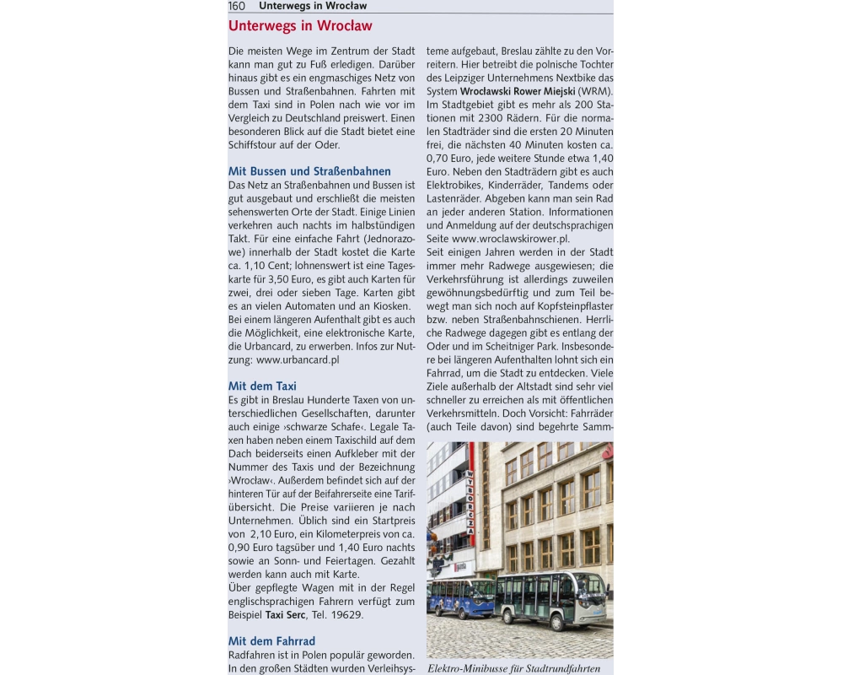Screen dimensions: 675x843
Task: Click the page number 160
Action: point(237,6)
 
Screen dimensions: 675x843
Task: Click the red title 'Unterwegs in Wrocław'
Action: point(300,26)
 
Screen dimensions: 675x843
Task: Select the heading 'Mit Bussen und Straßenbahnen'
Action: point(309,171)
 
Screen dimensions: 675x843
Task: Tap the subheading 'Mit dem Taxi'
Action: point(262,386)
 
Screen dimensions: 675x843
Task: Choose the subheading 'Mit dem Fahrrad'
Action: point(271,641)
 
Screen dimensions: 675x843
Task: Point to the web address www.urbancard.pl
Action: point(298,359)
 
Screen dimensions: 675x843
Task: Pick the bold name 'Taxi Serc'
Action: point(286,614)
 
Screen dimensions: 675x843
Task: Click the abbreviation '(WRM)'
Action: point(596,91)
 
